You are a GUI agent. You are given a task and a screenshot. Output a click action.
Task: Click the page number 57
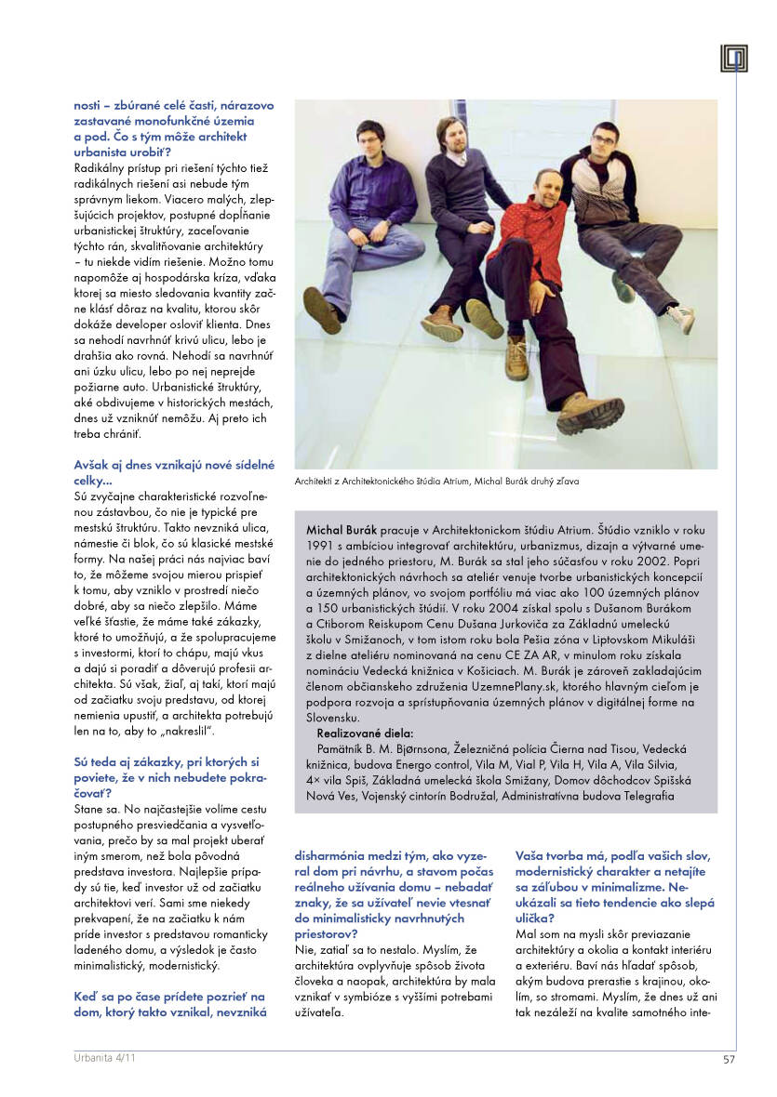[x=730, y=1057]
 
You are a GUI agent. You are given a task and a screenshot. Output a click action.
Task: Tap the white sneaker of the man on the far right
[x=681, y=318]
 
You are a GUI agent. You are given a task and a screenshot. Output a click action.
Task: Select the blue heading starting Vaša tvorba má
[x=612, y=854]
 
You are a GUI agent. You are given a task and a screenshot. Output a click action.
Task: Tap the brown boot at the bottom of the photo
[x=591, y=412]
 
